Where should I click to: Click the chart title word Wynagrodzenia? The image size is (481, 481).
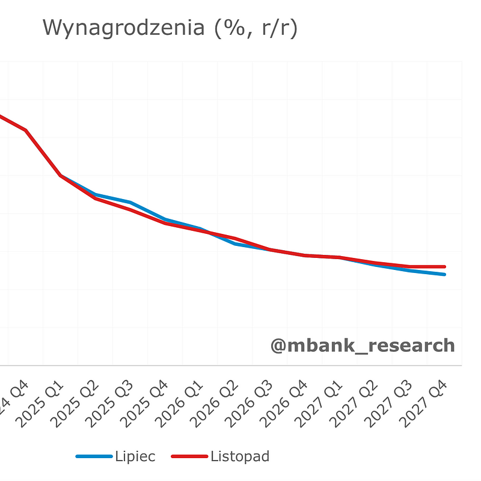pos(123,28)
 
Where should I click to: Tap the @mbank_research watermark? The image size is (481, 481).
pos(362,346)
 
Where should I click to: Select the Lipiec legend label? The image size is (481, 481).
pos(135,456)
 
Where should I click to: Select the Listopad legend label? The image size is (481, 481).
pos(240,456)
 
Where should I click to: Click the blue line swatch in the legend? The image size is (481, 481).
pos(94,457)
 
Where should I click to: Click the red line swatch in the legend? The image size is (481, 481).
pos(189,457)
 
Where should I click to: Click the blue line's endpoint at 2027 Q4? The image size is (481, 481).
pos(444,274)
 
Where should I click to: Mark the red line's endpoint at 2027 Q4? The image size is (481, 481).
pos(444,266)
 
